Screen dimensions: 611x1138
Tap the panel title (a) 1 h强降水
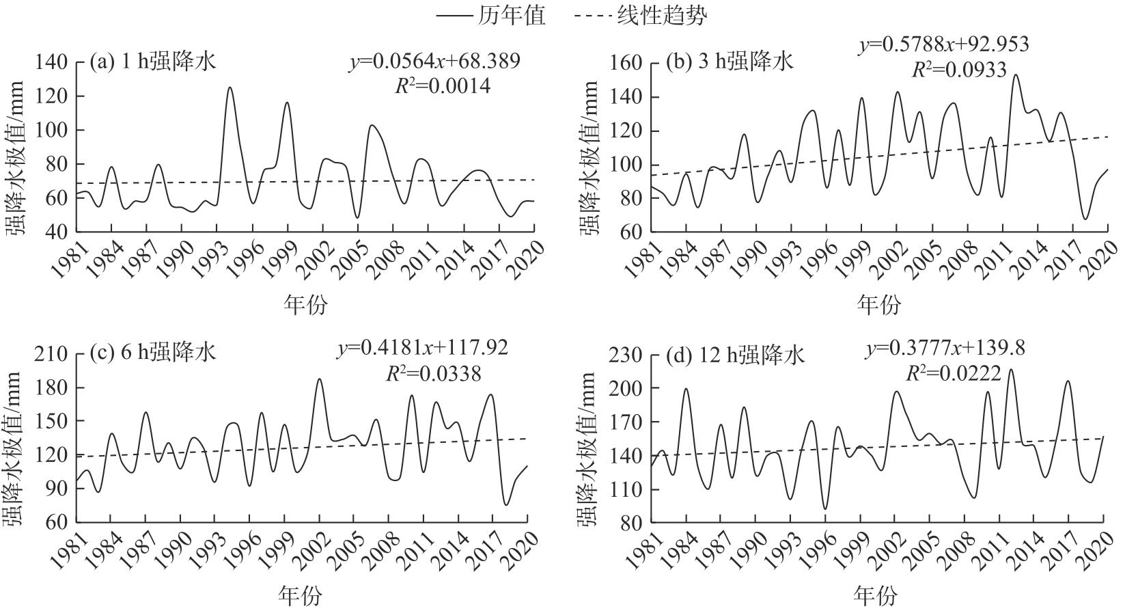[x=153, y=62]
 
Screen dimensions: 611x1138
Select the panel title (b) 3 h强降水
[x=730, y=62]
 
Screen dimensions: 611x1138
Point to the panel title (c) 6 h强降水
[x=153, y=353]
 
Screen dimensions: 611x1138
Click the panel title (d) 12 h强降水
[x=736, y=355]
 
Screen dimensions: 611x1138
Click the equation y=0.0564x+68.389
[x=435, y=62]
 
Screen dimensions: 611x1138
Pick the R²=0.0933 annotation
[x=959, y=70]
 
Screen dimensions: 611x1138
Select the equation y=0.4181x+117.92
[x=423, y=349]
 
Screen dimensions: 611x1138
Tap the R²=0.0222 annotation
[x=954, y=373]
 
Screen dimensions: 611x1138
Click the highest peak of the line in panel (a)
[x=230, y=87]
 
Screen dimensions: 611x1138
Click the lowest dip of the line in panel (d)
[x=825, y=508]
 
